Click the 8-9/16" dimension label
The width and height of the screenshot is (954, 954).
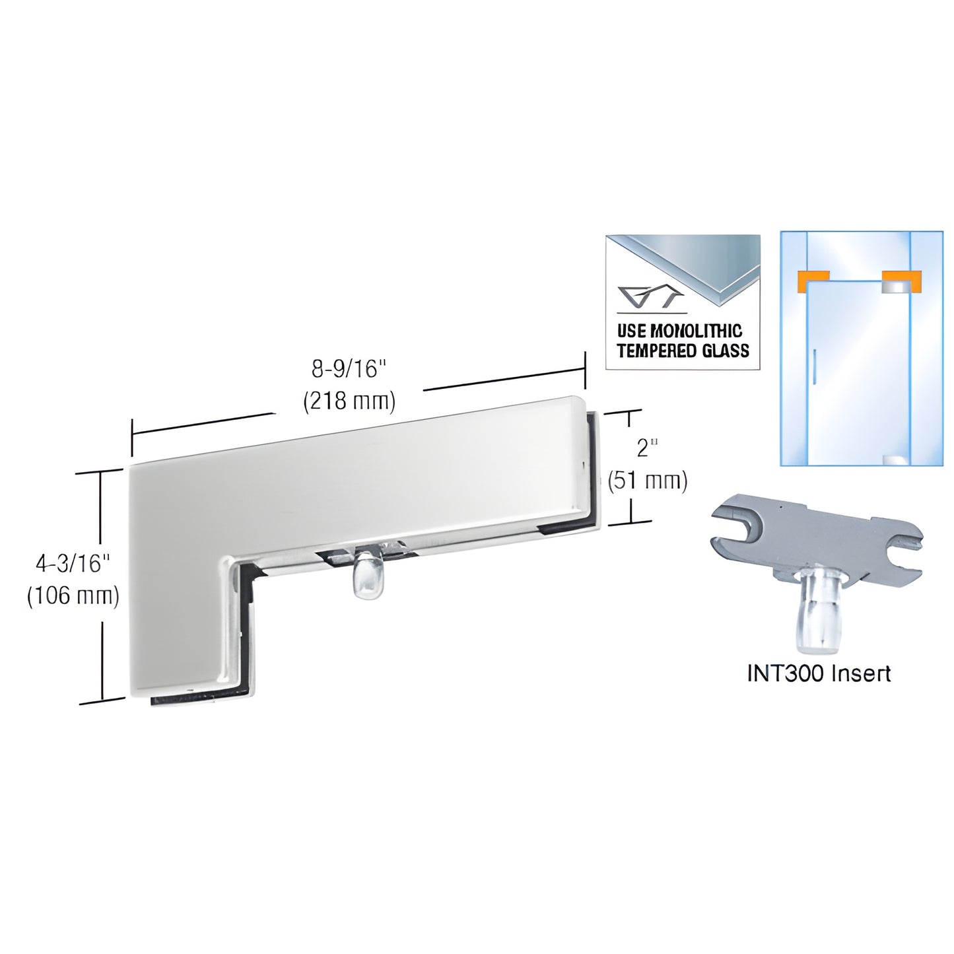(348, 370)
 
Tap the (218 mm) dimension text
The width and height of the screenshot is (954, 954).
(348, 401)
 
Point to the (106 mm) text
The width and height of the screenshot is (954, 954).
(73, 596)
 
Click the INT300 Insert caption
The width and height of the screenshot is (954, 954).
(819, 673)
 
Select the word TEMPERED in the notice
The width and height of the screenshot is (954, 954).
(656, 350)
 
